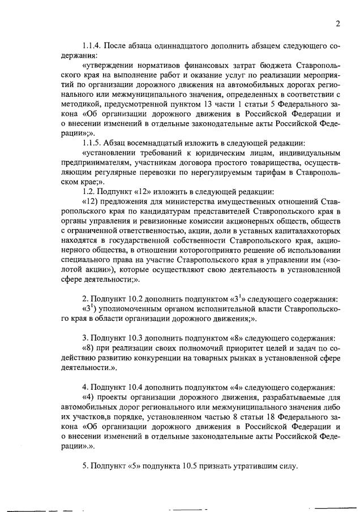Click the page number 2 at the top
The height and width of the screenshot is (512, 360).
coord(338,23)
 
